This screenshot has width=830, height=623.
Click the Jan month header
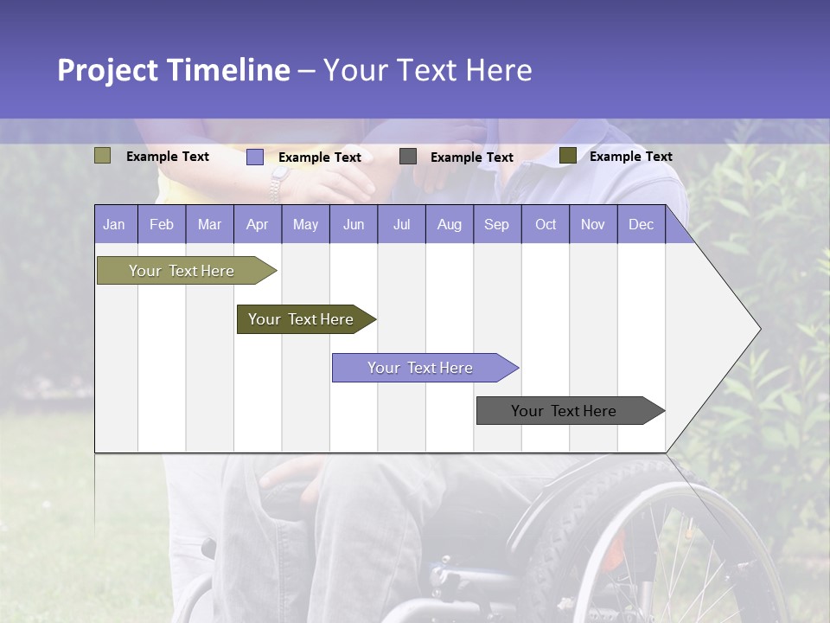(115, 224)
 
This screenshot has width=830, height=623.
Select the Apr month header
(258, 224)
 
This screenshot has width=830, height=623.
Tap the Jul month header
(401, 224)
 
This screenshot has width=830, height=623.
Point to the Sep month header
(496, 224)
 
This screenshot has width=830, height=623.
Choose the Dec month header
(641, 224)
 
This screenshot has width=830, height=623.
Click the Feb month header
(162, 224)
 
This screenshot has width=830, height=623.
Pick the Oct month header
(546, 224)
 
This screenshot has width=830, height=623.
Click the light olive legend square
(102, 156)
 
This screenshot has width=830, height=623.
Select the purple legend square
(254, 157)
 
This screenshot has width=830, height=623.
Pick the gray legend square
(408, 156)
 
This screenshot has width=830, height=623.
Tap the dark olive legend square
(567, 156)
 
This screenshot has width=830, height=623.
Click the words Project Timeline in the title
(173, 70)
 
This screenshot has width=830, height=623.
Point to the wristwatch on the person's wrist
(278, 183)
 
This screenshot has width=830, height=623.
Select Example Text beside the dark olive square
(630, 157)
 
